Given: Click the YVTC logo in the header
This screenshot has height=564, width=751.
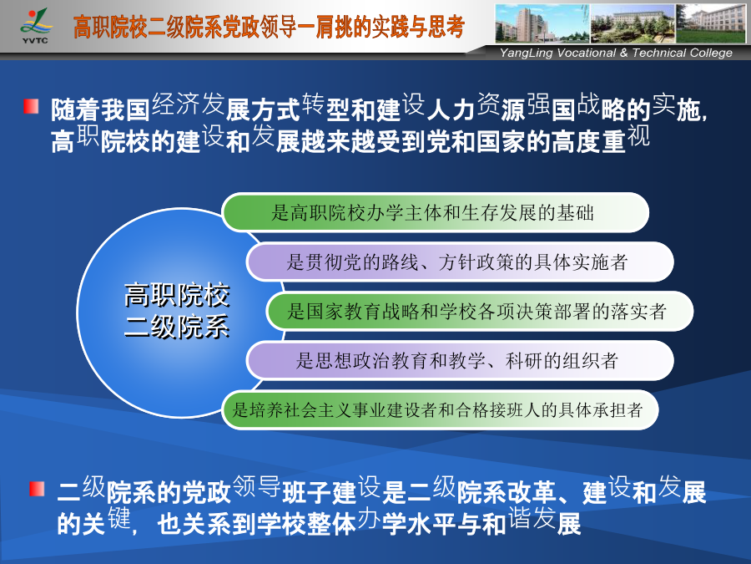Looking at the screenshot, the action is (x=35, y=26).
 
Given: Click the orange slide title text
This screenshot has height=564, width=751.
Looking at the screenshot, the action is (x=269, y=27).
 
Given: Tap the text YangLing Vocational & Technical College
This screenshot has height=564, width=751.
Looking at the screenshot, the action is (x=616, y=53).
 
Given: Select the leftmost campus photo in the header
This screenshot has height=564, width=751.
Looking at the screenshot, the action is (x=542, y=23).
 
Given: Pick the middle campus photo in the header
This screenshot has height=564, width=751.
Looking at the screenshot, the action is (x=633, y=23).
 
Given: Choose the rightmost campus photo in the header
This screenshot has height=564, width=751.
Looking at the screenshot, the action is (x=711, y=23).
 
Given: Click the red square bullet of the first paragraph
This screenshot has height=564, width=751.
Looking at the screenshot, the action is (x=31, y=106).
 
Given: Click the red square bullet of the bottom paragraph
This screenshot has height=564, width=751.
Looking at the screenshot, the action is (x=37, y=489).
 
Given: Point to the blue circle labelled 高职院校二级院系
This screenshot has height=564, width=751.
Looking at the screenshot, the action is (x=158, y=312).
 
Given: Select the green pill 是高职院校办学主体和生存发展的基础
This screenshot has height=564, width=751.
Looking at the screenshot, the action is (x=435, y=212).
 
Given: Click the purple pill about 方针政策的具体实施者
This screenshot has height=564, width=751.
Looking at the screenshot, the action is (x=460, y=262).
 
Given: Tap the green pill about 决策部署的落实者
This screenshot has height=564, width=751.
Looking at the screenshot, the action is (x=480, y=312).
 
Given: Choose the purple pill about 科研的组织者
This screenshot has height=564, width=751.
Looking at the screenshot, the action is (x=460, y=361).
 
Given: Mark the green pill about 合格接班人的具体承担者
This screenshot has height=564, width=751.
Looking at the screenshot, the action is (x=440, y=410).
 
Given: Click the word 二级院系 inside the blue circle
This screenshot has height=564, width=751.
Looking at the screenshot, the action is (x=177, y=328).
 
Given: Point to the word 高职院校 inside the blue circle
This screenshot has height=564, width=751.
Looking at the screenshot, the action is (x=177, y=295).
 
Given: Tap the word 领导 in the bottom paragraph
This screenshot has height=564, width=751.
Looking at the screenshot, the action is (x=257, y=486).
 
